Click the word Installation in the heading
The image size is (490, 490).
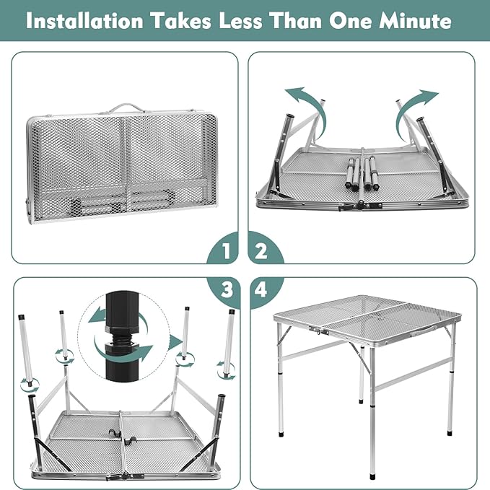pyautogui.click(x=84, y=21)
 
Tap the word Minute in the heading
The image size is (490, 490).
pyautogui.click(x=416, y=21)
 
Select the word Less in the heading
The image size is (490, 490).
pyautogui.click(x=240, y=21)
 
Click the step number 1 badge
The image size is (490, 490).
pyautogui.click(x=226, y=250)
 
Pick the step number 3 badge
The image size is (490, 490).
pyautogui.click(x=227, y=289)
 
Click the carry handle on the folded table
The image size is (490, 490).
pyautogui.click(x=126, y=108)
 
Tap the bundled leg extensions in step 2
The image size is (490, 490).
pyautogui.click(x=362, y=174)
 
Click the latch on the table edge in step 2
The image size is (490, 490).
pyautogui.click(x=360, y=206)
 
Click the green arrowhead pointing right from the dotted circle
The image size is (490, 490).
pyautogui.click(x=175, y=343)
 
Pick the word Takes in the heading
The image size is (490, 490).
pyautogui.click(x=181, y=21)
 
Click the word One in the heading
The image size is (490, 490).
pyautogui.click(x=349, y=21)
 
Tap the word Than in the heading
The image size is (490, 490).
pyautogui.click(x=295, y=21)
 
